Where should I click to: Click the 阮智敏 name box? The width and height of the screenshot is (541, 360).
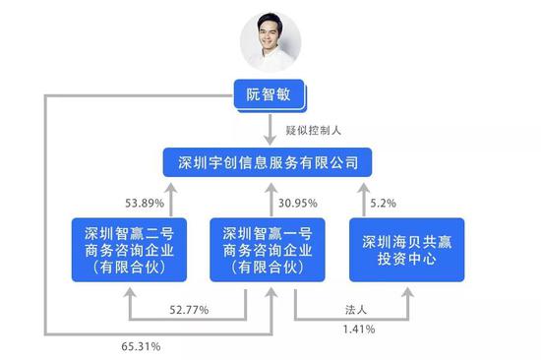(270, 95)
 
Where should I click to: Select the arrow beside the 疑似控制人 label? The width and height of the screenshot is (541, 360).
(270, 128)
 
